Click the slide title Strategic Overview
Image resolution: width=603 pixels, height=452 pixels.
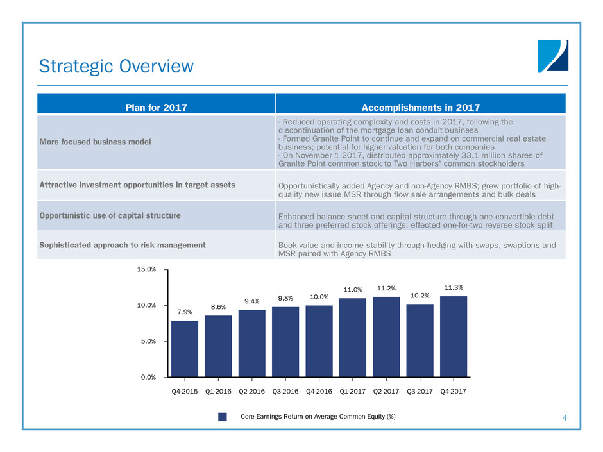click(116, 66)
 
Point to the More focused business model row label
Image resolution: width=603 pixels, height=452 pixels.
click(97, 142)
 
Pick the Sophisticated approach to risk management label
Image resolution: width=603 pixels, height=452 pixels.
click(123, 245)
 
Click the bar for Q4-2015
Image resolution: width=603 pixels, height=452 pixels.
click(185, 349)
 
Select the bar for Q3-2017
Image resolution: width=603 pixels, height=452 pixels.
click(420, 340)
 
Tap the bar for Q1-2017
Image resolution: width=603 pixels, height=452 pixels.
click(352, 337)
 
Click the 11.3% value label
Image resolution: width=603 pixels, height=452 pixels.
click(453, 287)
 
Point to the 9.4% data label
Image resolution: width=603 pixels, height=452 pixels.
click(251, 301)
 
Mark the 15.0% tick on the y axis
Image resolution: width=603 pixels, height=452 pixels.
click(147, 269)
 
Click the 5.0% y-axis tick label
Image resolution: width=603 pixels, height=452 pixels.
click(148, 341)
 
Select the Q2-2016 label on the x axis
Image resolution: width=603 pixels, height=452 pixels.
click(251, 389)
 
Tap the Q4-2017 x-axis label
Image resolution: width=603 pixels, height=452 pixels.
click(453, 389)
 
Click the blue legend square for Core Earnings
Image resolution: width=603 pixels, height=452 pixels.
click(223, 417)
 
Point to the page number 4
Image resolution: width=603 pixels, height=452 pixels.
click(564, 419)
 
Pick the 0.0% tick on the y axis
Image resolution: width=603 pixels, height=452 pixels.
click(148, 377)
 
